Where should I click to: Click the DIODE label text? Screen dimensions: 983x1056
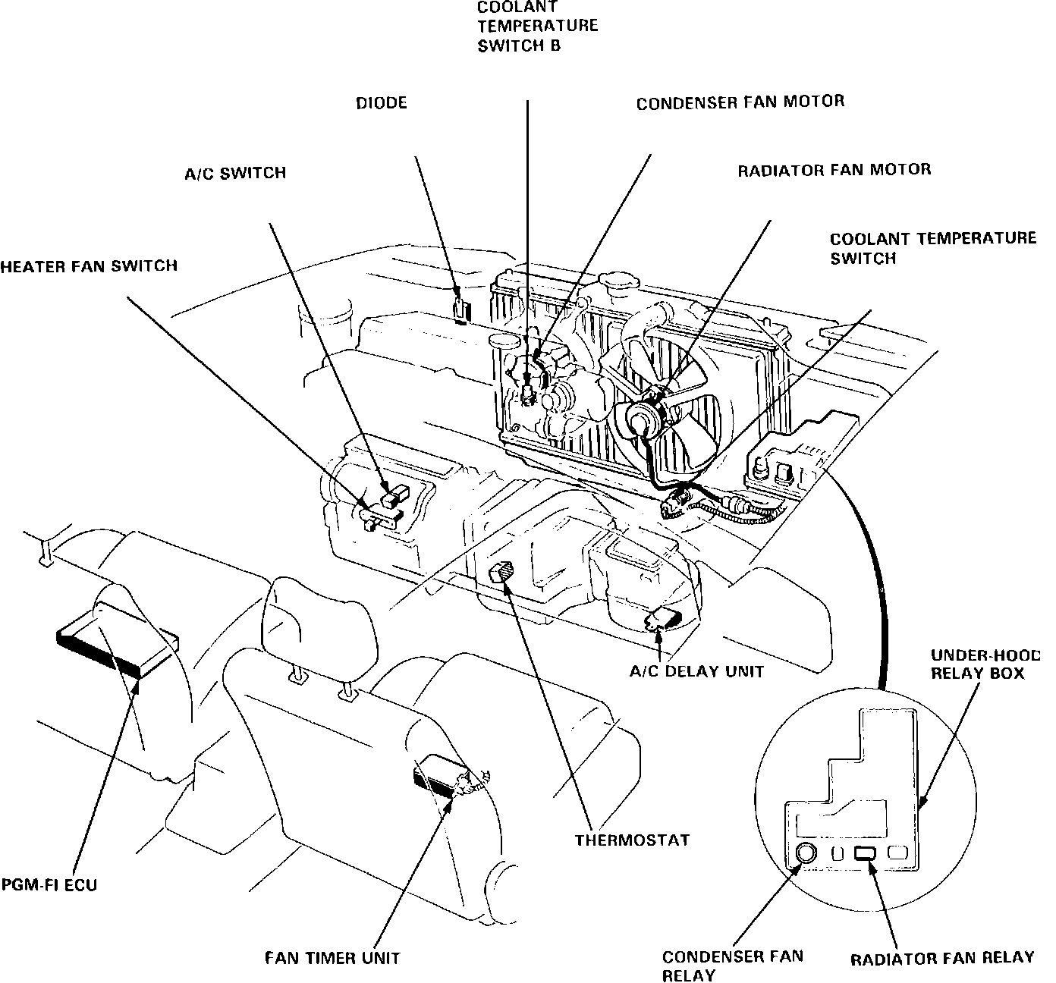381,102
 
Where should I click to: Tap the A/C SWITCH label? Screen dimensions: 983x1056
235,173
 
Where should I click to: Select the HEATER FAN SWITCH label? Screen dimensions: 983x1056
89,265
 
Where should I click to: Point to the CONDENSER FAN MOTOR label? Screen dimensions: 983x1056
740,102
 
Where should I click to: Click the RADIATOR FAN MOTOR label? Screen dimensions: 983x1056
834,170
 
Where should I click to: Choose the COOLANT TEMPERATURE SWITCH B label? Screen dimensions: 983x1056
537,27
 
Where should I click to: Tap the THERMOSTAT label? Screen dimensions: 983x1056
632,840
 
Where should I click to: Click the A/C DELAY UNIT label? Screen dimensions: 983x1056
696,671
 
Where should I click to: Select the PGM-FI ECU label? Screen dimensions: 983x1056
49,884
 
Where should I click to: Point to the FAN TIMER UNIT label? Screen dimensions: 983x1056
332,957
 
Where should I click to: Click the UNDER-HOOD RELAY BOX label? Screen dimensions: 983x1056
984,664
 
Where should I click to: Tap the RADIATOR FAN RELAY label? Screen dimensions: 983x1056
941,958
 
